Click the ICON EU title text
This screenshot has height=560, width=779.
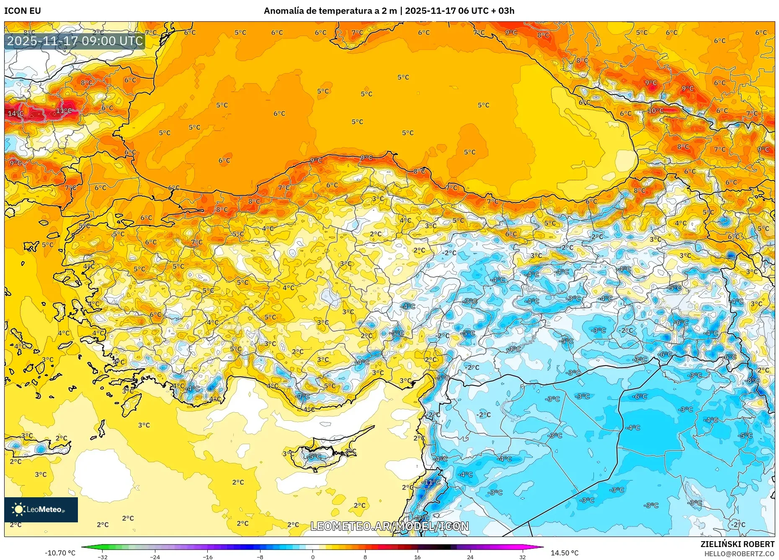click(x=23, y=11)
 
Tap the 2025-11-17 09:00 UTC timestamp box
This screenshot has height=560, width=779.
click(x=75, y=41)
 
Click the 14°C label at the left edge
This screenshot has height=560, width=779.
click(x=15, y=113)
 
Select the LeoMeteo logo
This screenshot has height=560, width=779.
click(x=41, y=509)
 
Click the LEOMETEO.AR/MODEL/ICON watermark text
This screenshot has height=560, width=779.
click(x=389, y=526)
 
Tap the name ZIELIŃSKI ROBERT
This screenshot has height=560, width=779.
click(x=737, y=544)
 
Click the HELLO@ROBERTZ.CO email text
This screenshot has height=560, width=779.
click(x=739, y=554)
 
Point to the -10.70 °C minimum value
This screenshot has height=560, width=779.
click(x=60, y=553)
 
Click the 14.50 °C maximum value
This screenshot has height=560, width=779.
click(x=565, y=553)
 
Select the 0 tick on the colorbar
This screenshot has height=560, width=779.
click(x=312, y=557)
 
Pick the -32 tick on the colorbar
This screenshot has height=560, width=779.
click(x=103, y=557)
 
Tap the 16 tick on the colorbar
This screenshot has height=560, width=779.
click(x=417, y=557)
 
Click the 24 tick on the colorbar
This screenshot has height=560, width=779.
click(x=470, y=557)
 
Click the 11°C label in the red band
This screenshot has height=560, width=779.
click(x=64, y=111)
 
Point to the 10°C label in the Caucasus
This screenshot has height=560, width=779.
click(x=655, y=111)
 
